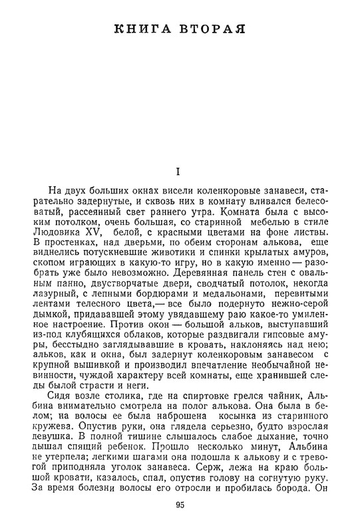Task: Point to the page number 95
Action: pyautogui.click(x=180, y=505)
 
